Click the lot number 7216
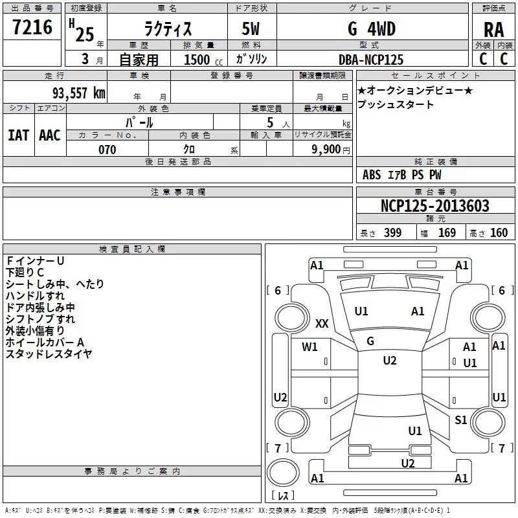tap(32, 27)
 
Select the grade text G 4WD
tap(372, 28)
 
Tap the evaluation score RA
tap(493, 30)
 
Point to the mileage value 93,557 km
tap(79, 93)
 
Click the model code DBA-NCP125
tap(371, 60)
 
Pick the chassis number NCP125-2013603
tap(434, 205)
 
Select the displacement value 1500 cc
tap(203, 60)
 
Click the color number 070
tap(107, 150)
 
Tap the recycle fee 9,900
tap(326, 150)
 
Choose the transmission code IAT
tap(18, 135)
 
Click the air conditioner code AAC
tap(50, 135)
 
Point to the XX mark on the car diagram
tap(322, 323)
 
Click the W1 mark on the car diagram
tap(310, 346)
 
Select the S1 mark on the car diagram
tap(460, 420)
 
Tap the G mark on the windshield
tap(370, 341)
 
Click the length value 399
tap(392, 232)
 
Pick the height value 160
tap(499, 232)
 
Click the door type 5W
tap(251, 28)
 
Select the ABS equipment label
tap(372, 175)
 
